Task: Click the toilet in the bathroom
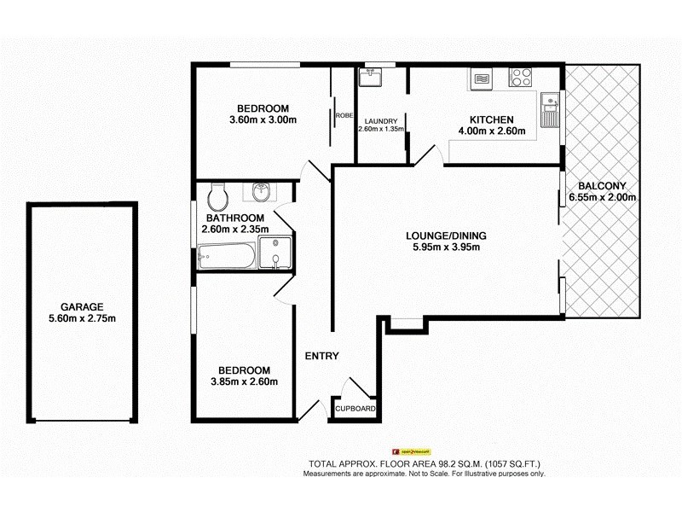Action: [218, 198]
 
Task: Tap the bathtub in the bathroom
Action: [225, 256]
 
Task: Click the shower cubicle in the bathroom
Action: [275, 253]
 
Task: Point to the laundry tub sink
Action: [371, 79]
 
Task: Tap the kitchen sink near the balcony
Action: [551, 110]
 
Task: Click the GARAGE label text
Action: [82, 307]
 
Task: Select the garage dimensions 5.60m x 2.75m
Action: [82, 318]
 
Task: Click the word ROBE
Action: [344, 115]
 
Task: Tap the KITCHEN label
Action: [491, 119]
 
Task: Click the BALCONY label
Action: [602, 186]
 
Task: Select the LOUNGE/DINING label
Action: [440, 236]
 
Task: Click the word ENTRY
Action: [321, 357]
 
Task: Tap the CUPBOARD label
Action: [355, 410]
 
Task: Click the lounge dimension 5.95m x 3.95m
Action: [440, 248]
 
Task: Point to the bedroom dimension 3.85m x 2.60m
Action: [245, 381]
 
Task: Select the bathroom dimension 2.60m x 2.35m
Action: [234, 229]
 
